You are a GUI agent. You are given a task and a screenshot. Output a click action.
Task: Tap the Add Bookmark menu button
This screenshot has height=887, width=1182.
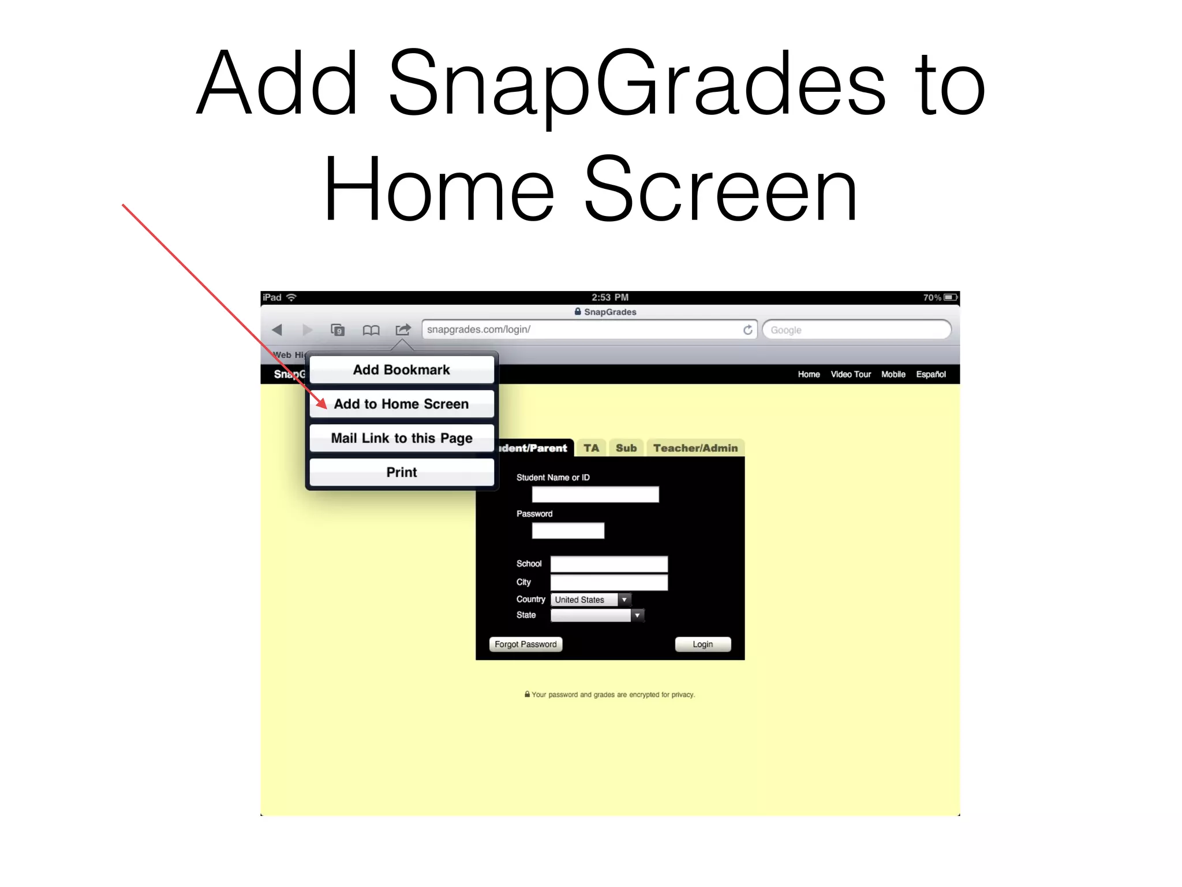tap(402, 370)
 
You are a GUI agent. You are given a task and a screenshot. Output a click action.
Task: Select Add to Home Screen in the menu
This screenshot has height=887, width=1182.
tap(402, 404)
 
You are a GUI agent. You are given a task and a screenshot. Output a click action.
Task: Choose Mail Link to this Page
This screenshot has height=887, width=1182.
tap(402, 438)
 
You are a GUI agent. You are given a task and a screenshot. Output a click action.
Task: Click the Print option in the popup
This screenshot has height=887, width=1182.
tap(402, 472)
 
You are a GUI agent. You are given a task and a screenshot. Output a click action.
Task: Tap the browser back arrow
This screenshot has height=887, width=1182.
tap(277, 330)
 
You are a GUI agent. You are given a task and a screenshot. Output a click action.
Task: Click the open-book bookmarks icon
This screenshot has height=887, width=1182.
tap(371, 330)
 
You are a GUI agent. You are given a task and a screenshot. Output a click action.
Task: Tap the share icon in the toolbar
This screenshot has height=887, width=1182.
tap(403, 330)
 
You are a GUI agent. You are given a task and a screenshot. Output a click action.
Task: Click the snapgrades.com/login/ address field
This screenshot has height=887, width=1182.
tap(583, 329)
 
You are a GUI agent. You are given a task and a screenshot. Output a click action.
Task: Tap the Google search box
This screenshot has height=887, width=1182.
tap(856, 330)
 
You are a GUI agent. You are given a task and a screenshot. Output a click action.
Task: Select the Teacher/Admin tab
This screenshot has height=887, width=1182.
tap(695, 448)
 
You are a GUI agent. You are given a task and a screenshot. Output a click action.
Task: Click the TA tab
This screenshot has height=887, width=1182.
tap(591, 448)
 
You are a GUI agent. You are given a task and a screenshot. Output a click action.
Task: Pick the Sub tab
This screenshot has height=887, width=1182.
tap(626, 448)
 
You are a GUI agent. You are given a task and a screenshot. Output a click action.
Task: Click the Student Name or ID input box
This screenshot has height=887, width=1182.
tap(595, 494)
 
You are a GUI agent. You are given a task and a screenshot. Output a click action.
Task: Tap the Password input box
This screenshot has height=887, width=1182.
tap(568, 531)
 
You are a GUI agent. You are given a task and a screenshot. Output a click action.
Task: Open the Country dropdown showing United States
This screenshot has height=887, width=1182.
tap(591, 599)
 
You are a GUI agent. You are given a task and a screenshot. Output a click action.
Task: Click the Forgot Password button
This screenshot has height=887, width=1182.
tap(525, 644)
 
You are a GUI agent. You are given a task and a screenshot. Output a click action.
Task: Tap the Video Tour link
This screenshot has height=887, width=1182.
tap(851, 374)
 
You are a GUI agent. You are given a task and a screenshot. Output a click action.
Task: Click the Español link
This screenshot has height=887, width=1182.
tap(930, 374)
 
